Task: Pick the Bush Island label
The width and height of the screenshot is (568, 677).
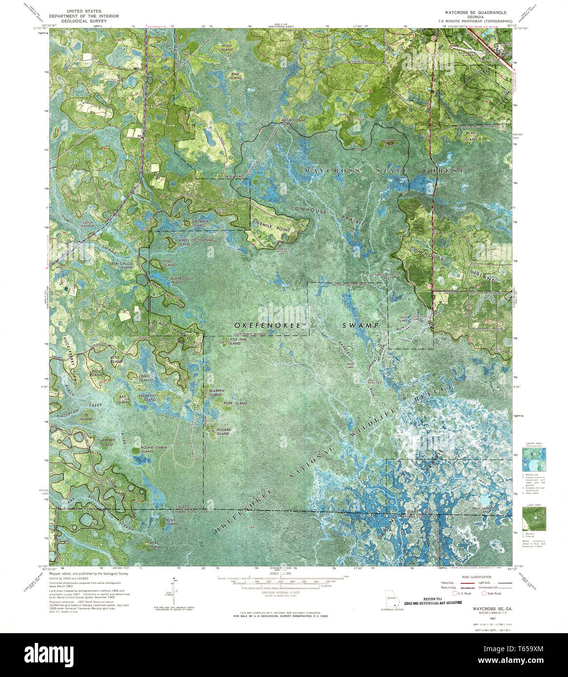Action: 170,522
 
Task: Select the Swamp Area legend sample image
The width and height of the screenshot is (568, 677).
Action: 533,459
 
